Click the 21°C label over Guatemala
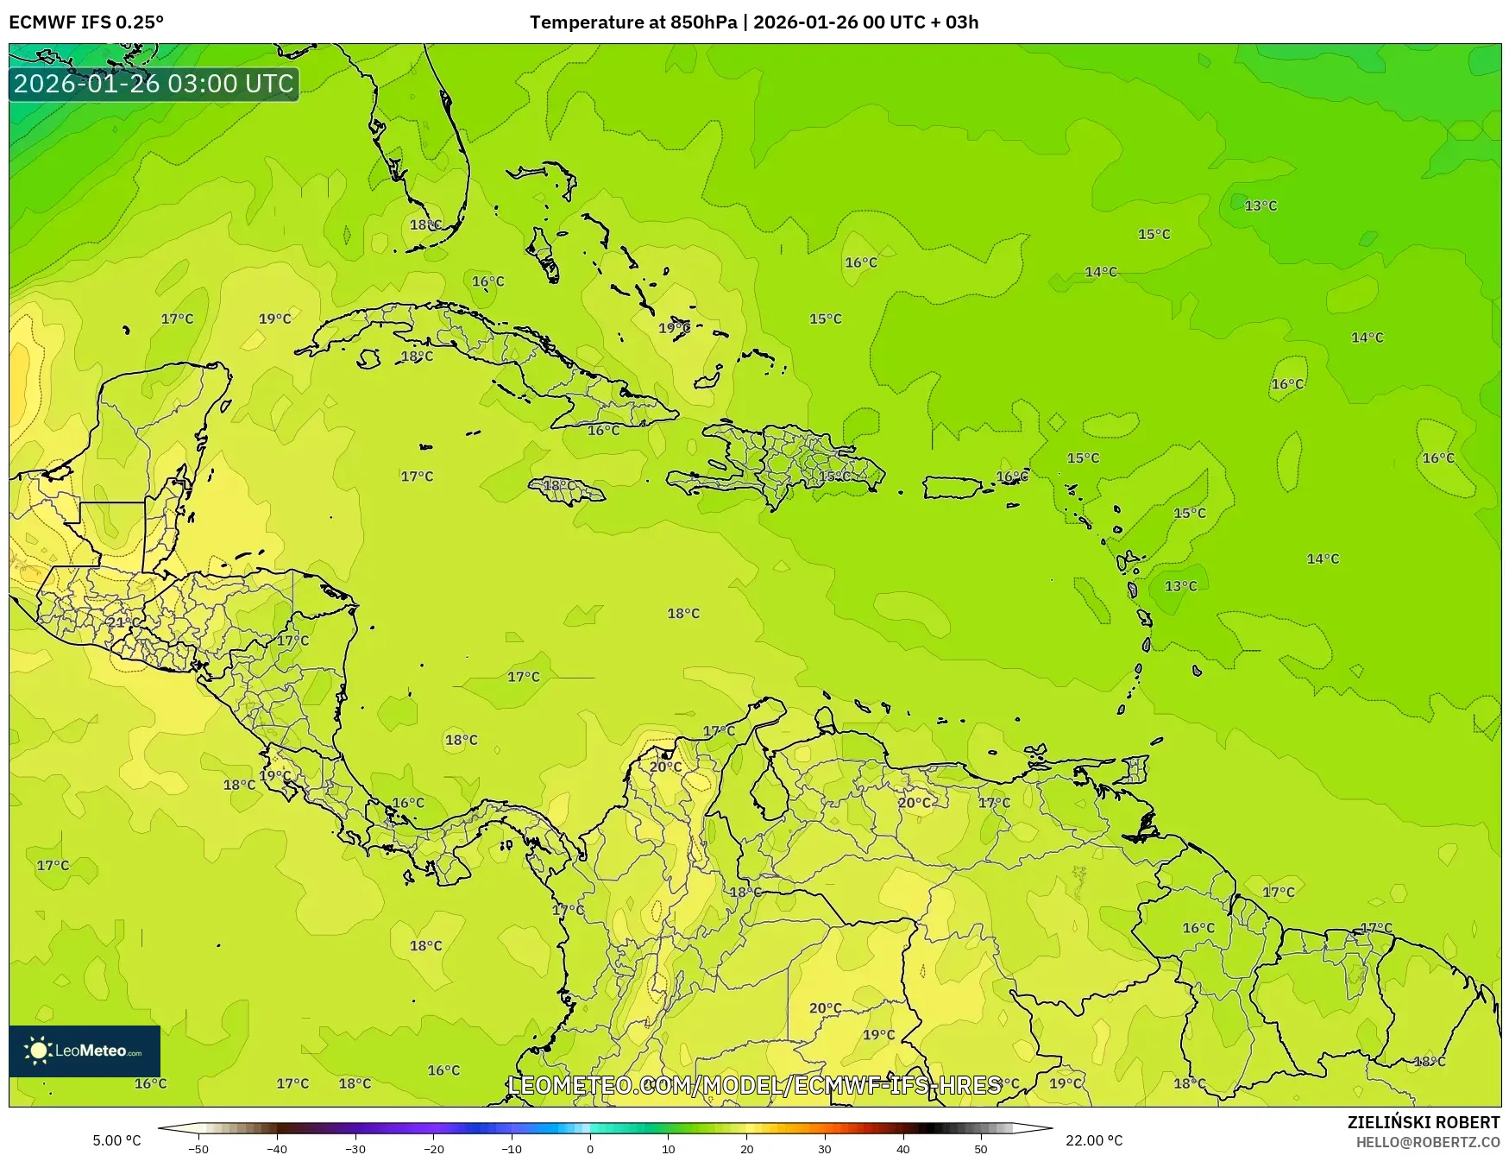123,622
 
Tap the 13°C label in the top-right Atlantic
1261,205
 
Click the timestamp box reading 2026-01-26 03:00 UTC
154,84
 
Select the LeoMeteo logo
85,1051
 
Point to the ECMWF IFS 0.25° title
86,22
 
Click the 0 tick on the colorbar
590,1148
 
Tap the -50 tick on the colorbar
198,1148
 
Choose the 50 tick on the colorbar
981,1148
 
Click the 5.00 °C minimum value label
116,1140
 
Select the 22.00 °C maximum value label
1094,1140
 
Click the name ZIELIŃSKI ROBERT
1424,1122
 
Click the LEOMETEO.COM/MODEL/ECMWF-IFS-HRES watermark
755,1085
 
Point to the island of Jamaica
567,490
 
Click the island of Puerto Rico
953,487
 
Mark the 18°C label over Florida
425,224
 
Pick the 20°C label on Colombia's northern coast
665,767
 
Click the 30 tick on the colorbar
825,1148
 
